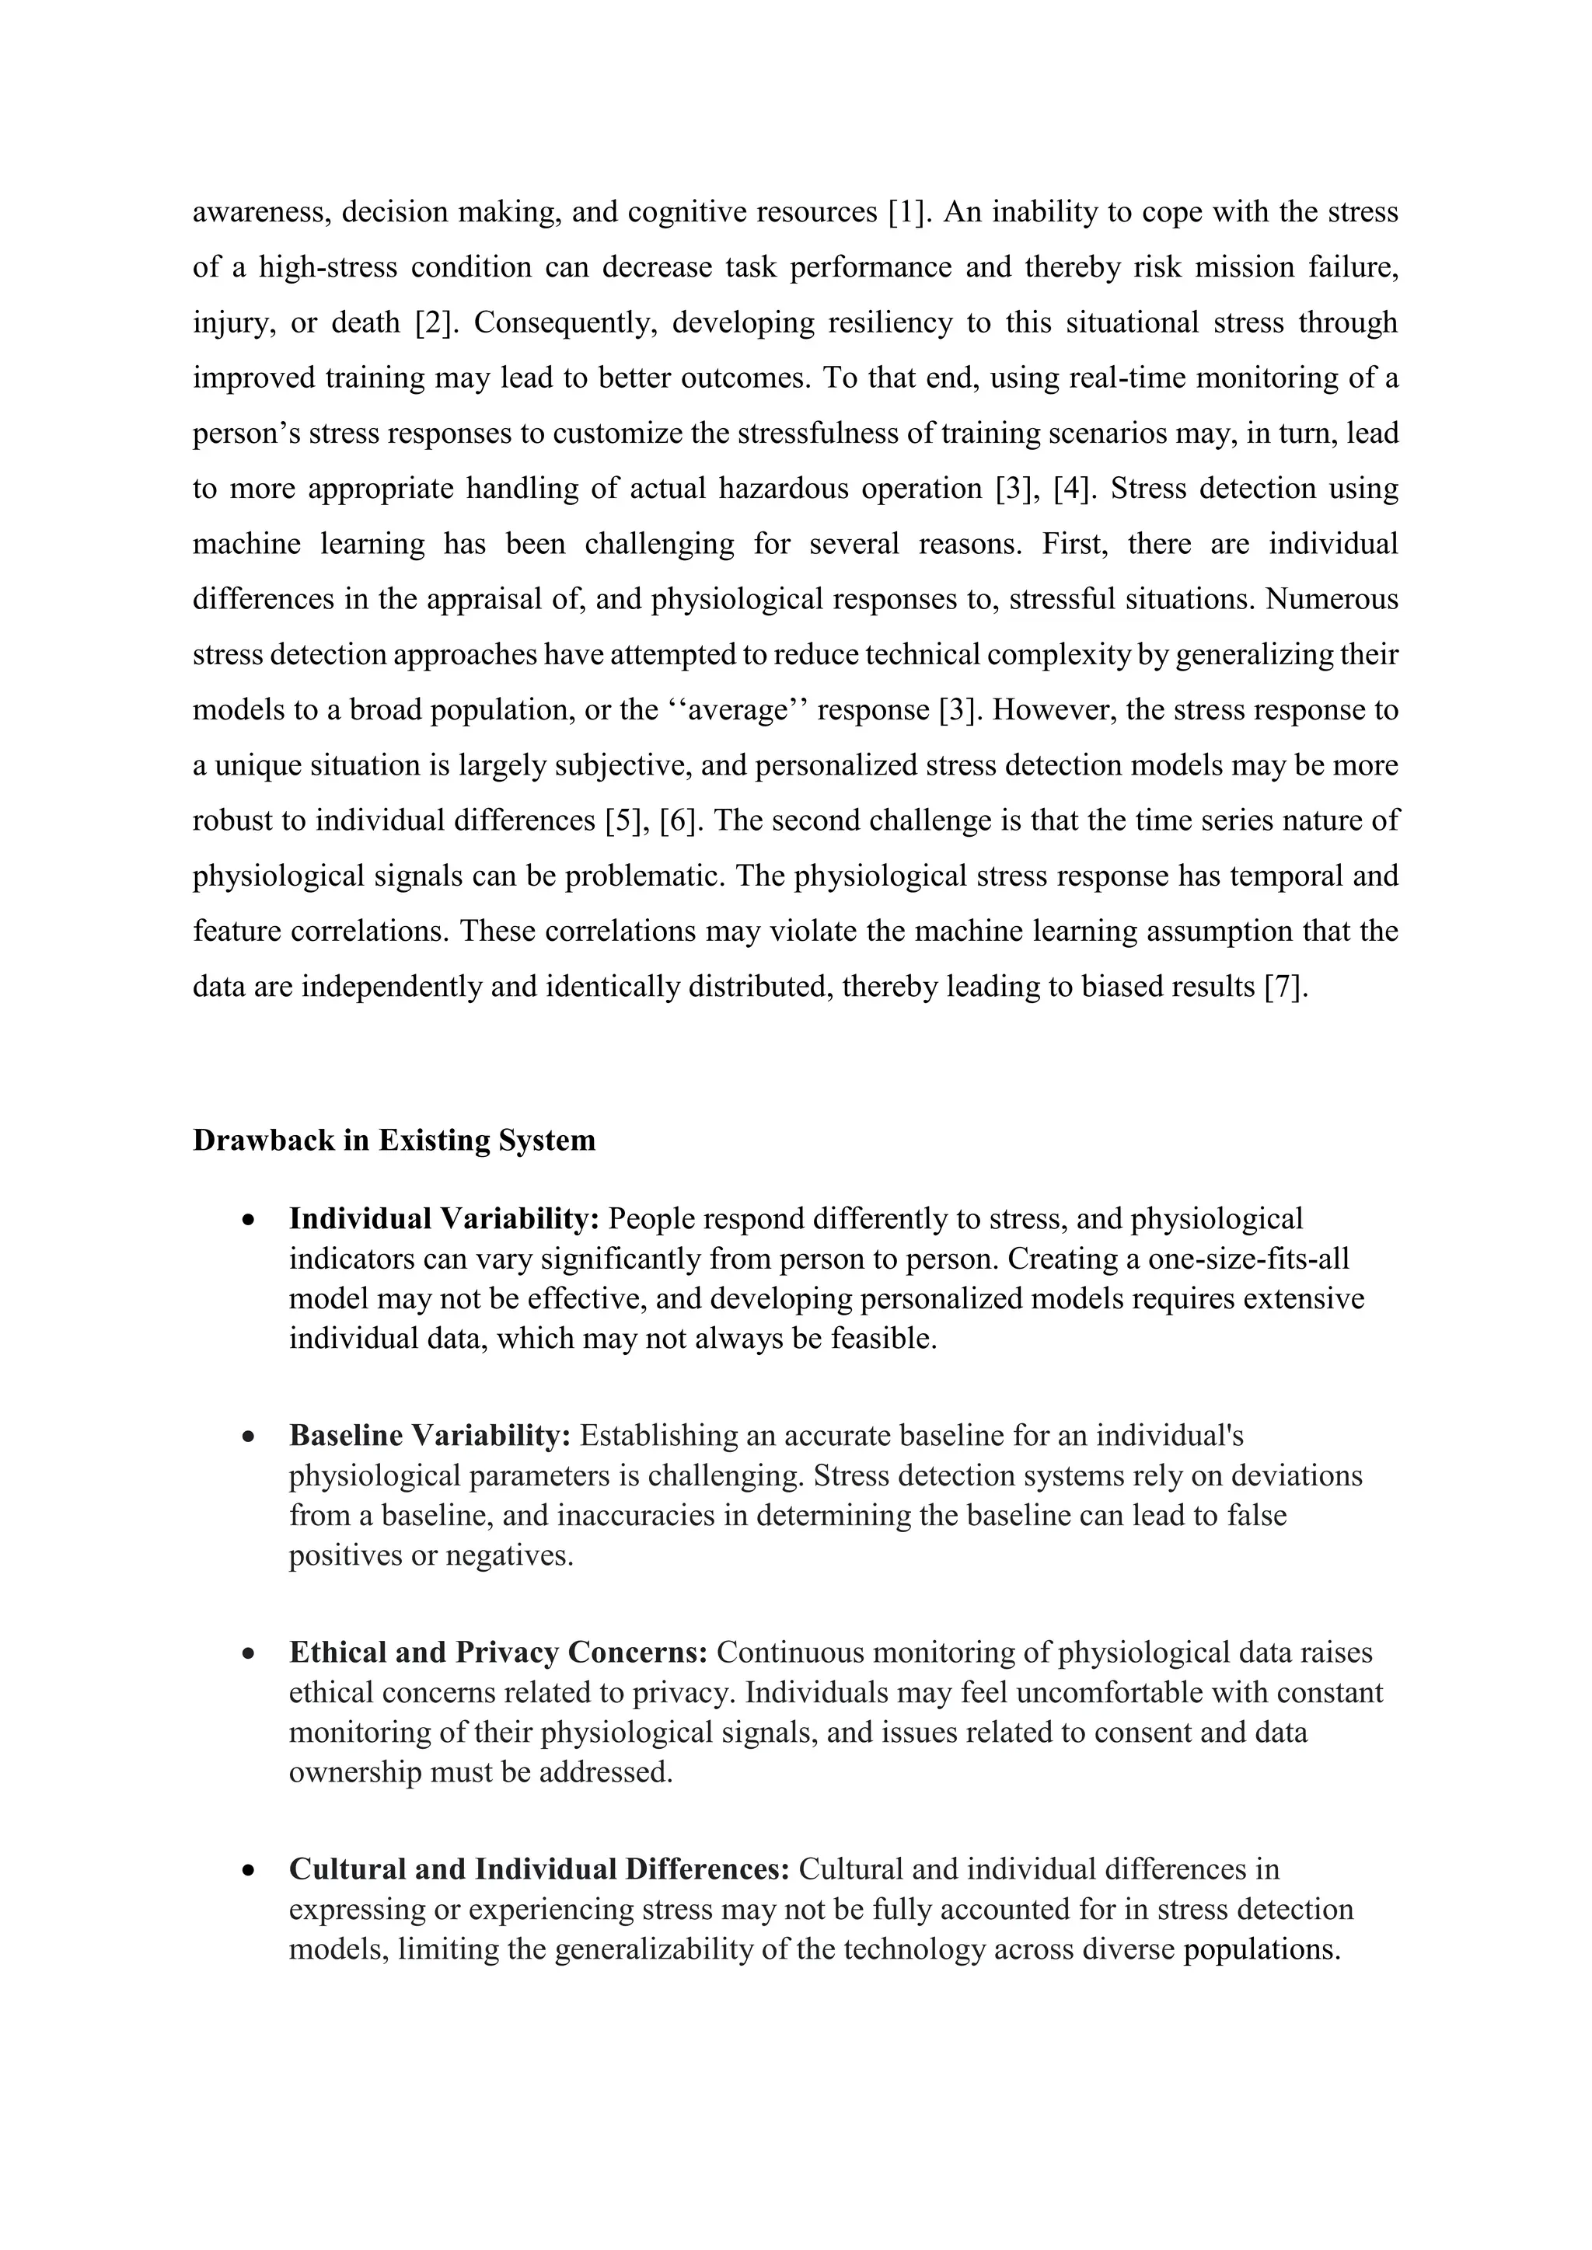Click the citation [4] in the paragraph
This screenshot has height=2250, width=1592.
(1071, 489)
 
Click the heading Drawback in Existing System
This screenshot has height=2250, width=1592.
(394, 1141)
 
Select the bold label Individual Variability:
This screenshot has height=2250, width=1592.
(443, 1219)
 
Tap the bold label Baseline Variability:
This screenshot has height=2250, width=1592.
(429, 1437)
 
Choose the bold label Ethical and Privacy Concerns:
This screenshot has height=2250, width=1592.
(498, 1653)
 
